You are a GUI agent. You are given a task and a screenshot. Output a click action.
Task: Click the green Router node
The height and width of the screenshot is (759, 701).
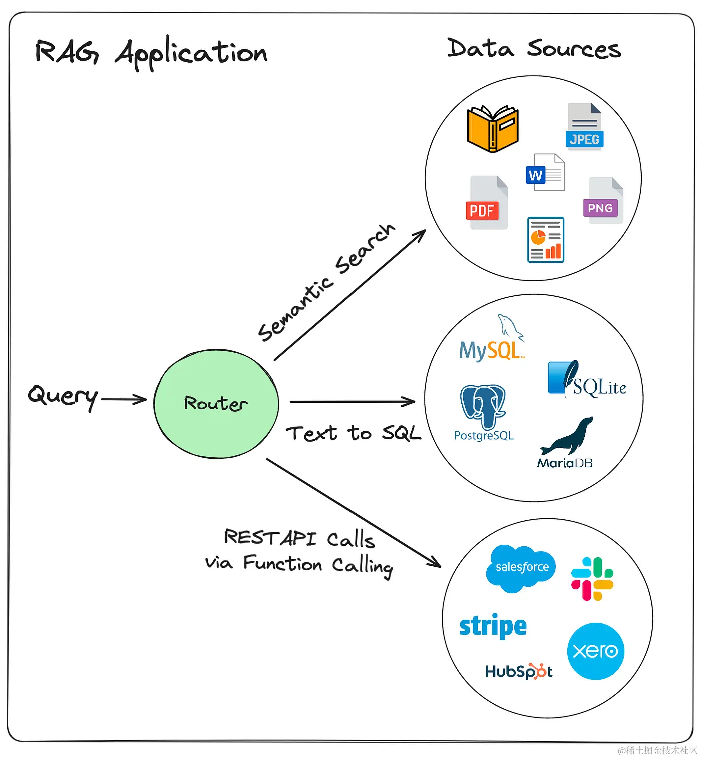[x=216, y=404]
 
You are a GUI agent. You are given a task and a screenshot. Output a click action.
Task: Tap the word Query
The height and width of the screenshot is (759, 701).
[x=63, y=396]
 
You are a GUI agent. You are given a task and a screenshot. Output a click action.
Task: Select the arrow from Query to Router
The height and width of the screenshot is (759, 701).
[x=124, y=399]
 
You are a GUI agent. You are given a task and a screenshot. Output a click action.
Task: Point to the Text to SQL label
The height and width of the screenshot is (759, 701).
[x=354, y=433]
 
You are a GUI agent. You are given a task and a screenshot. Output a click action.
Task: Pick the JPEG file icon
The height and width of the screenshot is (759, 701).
[x=584, y=126]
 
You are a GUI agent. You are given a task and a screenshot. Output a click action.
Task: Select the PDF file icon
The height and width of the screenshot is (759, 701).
[x=486, y=203]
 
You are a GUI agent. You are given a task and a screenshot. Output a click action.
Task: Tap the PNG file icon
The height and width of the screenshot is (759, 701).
[x=604, y=201]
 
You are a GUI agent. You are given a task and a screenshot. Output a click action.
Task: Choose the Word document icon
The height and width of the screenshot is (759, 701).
[x=545, y=172]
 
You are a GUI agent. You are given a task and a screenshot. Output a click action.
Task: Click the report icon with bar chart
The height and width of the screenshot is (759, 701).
[x=546, y=240]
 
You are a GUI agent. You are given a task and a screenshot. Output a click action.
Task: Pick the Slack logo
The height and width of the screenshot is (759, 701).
[x=592, y=579]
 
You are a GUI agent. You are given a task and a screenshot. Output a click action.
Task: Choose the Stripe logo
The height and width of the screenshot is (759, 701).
[x=493, y=626]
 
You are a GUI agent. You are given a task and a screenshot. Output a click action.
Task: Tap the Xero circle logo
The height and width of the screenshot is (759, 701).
[x=595, y=651]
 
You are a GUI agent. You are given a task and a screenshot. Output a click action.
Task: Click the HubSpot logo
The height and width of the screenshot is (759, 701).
[x=519, y=671]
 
